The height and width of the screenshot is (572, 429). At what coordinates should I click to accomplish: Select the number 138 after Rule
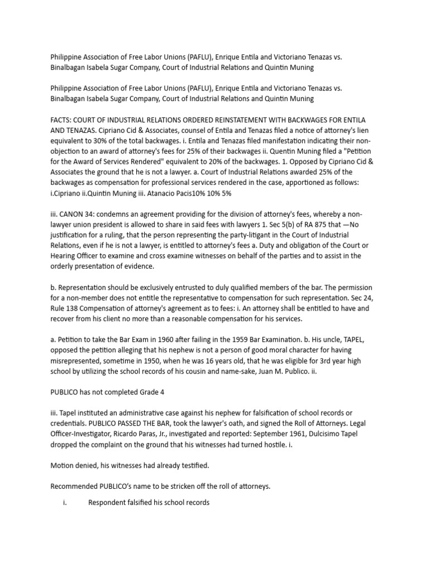click(x=74, y=308)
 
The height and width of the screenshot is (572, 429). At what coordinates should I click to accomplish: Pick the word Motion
click(x=63, y=465)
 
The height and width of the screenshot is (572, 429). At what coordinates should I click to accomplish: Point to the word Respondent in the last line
click(x=109, y=502)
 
